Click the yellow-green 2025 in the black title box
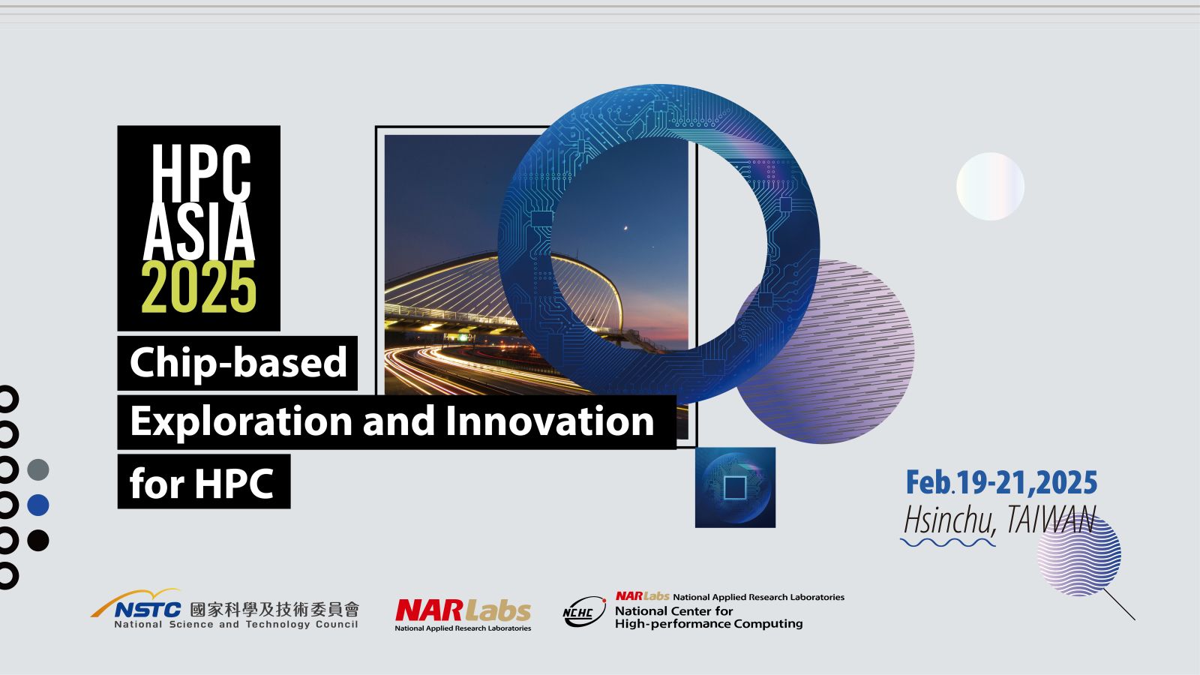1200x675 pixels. pos(199,287)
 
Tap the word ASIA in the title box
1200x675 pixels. pos(199,232)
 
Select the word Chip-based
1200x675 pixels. pos(238,363)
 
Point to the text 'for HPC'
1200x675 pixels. pos(202,483)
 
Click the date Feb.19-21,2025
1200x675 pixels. pos(1001,482)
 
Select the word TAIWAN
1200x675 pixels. pos(1051,519)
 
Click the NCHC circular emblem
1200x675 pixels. pos(584,611)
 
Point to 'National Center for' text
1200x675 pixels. pos(674,610)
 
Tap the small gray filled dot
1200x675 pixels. pos(38,469)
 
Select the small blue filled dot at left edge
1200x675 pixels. pos(38,505)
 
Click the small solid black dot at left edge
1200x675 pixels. pos(38,541)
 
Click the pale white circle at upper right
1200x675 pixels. pos(990,187)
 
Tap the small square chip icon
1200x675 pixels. pos(735,487)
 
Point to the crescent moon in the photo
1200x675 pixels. pos(625,229)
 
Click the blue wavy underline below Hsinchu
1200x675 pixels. pos(948,543)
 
